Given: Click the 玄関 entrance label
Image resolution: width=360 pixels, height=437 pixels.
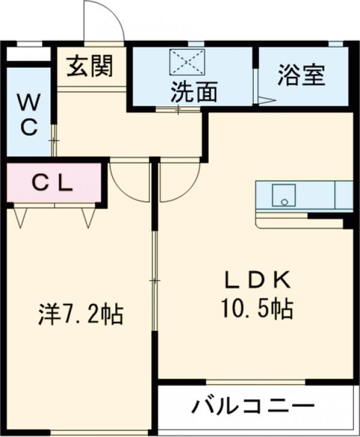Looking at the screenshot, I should coord(89,67).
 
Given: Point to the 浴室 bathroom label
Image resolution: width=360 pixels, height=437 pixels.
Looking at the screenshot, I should coord(301,76).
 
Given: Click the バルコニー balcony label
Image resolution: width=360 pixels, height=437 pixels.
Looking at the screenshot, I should coord(253,406).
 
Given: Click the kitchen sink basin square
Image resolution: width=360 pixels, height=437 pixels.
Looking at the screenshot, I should coord(283,194).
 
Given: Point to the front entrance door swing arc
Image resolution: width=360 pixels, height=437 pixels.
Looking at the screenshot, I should coord(104,23).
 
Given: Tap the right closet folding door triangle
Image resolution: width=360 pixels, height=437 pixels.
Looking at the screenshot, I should coord(89,217).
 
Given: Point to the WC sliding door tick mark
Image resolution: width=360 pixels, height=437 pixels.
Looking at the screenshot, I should coord(54,140).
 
